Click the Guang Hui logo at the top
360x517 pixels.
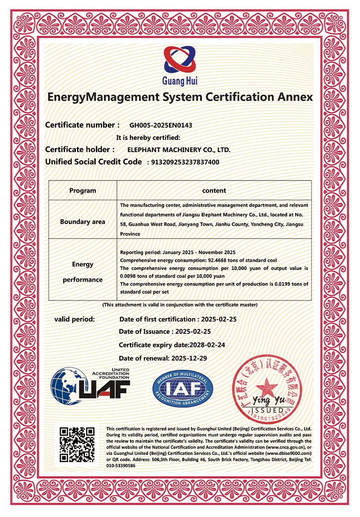[180, 65]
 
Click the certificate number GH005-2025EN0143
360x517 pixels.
[163, 126]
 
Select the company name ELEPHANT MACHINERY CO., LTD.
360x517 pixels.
[179, 150]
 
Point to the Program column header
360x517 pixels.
[82, 190]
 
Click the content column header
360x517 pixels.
[214, 190]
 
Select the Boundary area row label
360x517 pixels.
[82, 221]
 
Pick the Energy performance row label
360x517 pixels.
[82, 272]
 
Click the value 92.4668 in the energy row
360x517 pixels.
[220, 261]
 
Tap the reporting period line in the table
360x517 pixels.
[178, 253]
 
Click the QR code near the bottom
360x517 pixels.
[77, 445]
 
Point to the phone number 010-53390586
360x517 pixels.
[120, 465]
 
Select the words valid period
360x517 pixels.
[75, 319]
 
